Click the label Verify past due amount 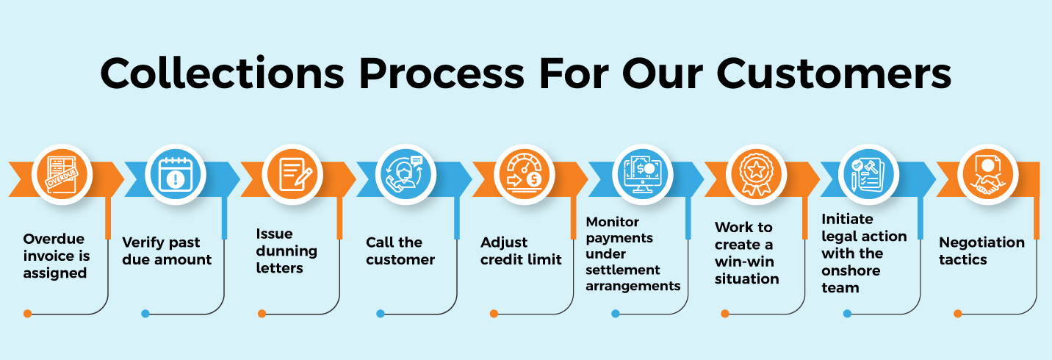[x=167, y=251]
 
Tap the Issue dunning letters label [x=287, y=251]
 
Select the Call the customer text [x=400, y=251]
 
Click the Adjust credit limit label [x=521, y=251]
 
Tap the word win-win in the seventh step [x=744, y=262]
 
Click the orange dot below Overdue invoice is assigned [x=27, y=314]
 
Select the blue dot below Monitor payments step [x=616, y=314]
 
